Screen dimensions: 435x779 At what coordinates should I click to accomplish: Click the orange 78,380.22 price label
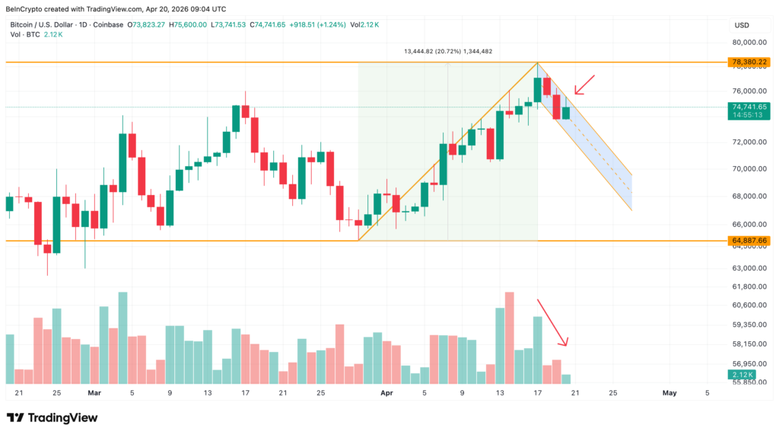[749, 62]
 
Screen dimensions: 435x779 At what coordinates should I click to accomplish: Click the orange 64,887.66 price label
[749, 241]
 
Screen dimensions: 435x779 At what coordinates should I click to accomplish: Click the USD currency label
[741, 25]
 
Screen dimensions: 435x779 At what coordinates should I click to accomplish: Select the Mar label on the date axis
[94, 393]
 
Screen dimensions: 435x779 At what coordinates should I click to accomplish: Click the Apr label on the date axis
[386, 393]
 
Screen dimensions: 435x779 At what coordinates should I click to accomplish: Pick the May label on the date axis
[669, 393]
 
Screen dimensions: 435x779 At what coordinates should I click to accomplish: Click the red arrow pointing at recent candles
[584, 84]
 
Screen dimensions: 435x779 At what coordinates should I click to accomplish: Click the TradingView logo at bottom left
[52, 417]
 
